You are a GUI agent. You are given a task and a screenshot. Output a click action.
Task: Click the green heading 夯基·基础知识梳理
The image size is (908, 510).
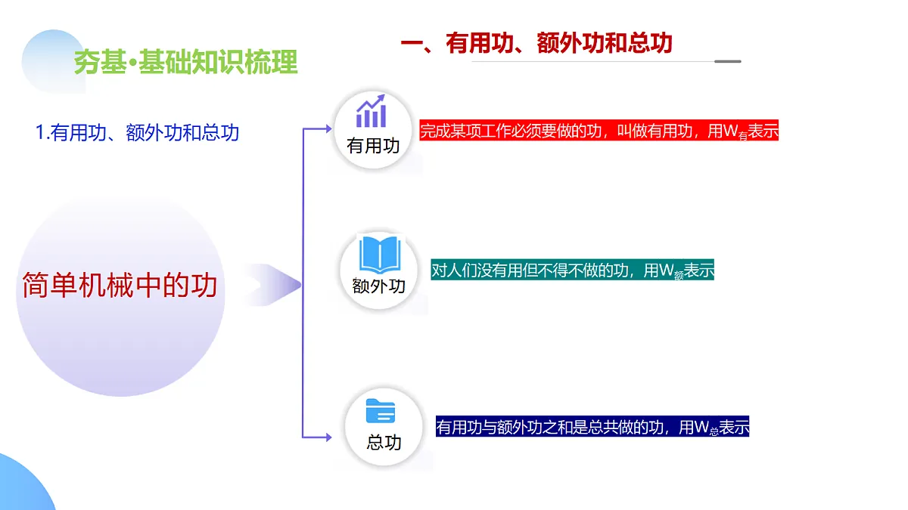click(x=186, y=63)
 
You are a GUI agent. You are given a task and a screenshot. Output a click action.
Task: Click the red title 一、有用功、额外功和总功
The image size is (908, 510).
click(x=536, y=42)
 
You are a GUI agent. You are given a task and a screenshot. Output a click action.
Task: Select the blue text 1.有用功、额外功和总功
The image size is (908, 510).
click(x=138, y=133)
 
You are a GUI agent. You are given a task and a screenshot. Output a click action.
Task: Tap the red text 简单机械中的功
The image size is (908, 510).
click(x=120, y=285)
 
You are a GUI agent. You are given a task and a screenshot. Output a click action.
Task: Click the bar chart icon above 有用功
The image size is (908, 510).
click(x=372, y=112)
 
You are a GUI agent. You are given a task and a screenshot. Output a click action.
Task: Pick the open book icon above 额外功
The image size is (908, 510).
click(x=379, y=255)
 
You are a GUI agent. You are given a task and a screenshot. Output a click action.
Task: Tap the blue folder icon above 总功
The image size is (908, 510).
click(x=381, y=412)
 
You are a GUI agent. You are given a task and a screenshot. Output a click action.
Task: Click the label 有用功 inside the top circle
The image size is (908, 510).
click(x=373, y=146)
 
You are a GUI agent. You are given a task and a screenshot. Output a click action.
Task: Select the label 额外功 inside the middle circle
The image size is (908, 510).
click(x=379, y=286)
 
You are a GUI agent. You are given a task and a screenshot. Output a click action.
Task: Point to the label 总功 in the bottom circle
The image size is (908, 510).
click(x=384, y=442)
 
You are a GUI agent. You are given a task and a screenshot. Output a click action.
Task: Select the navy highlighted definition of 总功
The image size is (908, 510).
click(x=592, y=428)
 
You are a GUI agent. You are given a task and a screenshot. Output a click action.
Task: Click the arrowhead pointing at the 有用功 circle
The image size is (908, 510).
click(x=328, y=128)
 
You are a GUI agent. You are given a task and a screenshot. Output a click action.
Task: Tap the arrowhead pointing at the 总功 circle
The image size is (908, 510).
click(x=328, y=437)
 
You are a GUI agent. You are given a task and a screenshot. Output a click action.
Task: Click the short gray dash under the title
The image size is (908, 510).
click(x=728, y=61)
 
